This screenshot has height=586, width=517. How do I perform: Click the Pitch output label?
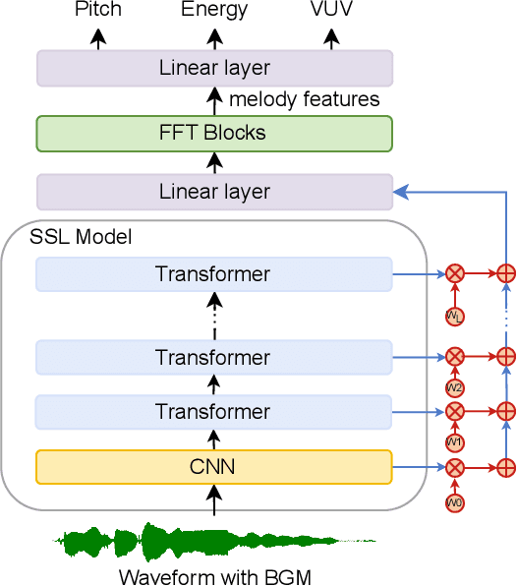97,11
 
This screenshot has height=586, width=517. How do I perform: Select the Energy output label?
214,11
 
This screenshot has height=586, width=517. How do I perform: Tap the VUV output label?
331,11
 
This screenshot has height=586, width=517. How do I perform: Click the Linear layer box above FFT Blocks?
214,69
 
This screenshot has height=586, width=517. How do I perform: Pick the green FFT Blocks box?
214,133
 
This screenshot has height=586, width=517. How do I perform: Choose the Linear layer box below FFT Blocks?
214,192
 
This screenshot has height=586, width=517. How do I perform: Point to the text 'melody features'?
304,99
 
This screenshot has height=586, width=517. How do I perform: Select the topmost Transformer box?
213,274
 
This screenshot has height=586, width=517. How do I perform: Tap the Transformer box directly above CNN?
213,412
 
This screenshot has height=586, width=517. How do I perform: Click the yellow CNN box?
213,467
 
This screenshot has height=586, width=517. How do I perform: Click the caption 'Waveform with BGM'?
214,576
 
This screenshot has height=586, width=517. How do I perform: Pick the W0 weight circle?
454,503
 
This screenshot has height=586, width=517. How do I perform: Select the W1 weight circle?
454,442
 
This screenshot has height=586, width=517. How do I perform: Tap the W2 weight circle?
454,387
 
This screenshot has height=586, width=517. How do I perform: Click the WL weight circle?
454,317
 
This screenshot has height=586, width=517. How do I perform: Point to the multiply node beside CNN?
454,468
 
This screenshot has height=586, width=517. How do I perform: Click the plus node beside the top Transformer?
506,274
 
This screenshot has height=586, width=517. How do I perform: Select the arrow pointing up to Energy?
214,37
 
